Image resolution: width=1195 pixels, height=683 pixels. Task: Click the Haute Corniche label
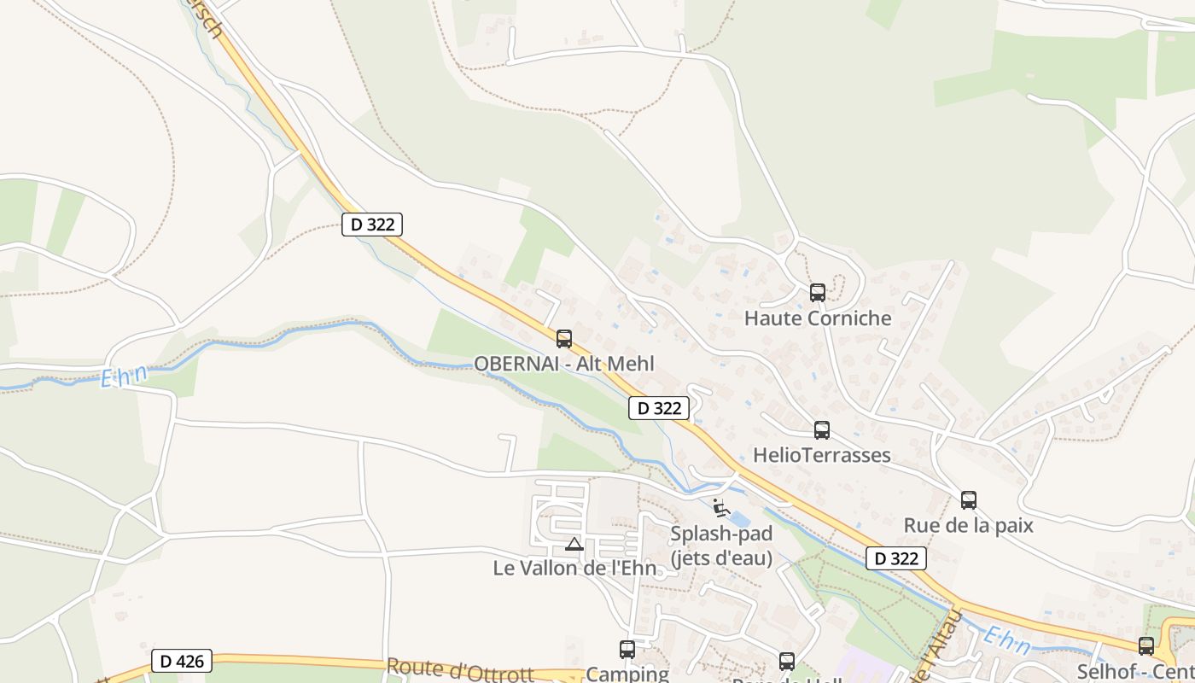click(818, 318)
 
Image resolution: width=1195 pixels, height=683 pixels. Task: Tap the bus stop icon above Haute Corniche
click(818, 293)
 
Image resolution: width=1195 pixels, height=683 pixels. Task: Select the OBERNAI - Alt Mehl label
click(564, 364)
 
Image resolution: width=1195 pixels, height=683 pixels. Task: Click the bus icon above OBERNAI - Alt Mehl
click(564, 339)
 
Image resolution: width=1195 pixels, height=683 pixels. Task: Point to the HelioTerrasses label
click(822, 455)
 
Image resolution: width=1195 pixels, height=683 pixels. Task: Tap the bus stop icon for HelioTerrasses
click(822, 430)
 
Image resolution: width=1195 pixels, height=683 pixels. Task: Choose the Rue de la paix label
click(969, 525)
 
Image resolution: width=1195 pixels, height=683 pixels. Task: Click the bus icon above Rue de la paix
click(969, 500)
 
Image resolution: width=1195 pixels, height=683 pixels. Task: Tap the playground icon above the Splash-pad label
click(720, 509)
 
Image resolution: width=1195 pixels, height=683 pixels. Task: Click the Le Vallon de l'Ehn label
click(575, 568)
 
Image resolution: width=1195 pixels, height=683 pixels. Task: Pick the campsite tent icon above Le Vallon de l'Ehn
click(574, 544)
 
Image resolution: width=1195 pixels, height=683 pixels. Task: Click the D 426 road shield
click(182, 661)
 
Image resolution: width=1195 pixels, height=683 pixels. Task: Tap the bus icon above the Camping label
click(627, 650)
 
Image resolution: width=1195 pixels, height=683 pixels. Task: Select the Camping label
click(627, 674)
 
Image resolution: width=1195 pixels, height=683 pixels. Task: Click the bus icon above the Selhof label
click(1146, 646)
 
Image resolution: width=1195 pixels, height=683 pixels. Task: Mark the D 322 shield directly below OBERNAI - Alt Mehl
click(659, 408)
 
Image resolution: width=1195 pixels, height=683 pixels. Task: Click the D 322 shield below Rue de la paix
click(896, 558)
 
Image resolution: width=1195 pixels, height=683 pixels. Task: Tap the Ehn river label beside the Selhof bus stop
click(1007, 639)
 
